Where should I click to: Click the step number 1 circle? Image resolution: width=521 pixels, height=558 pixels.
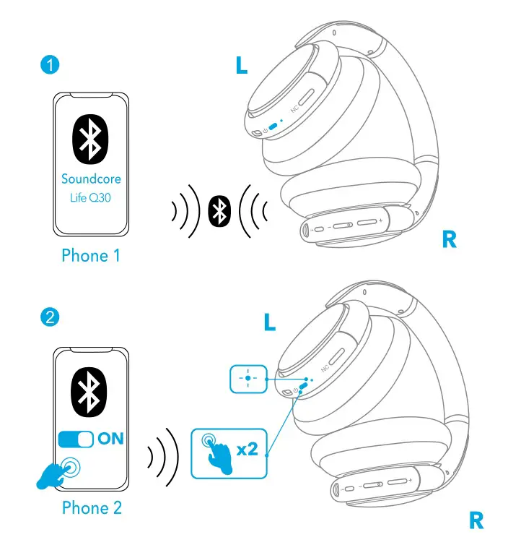(49, 65)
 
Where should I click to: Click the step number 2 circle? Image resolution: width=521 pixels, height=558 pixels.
(49, 317)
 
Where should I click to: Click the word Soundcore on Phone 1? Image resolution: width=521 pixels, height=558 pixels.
(91, 179)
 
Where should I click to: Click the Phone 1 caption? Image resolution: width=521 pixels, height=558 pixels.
(91, 255)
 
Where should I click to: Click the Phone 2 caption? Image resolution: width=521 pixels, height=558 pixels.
(92, 507)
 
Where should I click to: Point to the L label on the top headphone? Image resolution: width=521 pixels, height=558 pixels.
(242, 66)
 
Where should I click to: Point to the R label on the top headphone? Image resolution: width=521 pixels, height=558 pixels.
(450, 241)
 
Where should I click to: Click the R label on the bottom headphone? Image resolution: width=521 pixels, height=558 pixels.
(476, 520)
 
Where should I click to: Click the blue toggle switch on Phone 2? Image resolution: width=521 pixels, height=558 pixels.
(76, 439)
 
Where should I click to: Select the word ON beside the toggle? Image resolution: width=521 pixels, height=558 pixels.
(110, 439)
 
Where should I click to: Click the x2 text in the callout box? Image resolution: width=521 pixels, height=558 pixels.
(247, 450)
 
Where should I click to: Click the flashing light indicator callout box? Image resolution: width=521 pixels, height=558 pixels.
(248, 379)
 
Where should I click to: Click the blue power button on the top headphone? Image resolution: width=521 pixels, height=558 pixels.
(273, 126)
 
